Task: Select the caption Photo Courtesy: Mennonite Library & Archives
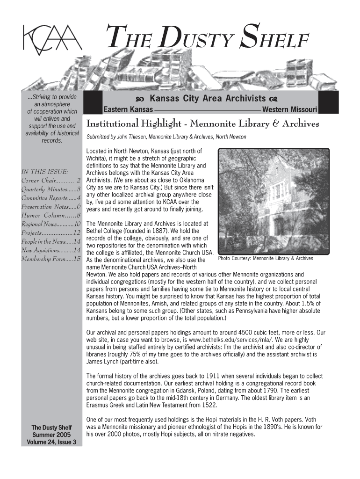(266, 258)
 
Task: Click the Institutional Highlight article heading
(203, 124)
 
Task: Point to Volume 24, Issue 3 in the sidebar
(51, 443)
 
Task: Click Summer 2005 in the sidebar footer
(51, 435)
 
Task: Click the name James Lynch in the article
(103, 363)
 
